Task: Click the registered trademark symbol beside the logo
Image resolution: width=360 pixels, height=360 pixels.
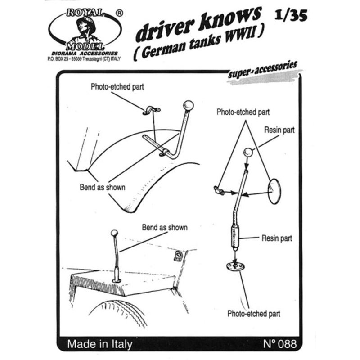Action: pos(119,13)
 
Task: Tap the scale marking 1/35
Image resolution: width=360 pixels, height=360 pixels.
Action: pos(291,16)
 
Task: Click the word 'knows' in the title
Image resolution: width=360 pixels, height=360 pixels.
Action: pos(230,18)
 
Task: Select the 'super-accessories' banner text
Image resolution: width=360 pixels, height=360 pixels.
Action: pos(263,70)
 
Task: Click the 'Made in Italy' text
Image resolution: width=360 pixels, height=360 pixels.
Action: pos(100,344)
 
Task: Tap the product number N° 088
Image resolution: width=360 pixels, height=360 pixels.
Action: pos(280,344)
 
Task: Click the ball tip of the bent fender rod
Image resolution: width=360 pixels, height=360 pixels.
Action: pos(188,106)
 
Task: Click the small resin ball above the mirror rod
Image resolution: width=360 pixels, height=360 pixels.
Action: pos(247,153)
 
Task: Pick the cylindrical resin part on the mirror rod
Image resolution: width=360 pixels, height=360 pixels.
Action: pos(234,238)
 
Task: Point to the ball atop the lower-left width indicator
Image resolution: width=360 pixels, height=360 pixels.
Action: pos(114,234)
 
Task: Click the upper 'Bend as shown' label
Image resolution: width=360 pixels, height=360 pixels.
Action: pos(103,187)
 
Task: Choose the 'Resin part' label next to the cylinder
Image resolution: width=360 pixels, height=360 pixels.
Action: pos(277,238)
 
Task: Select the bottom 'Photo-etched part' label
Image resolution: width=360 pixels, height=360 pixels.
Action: pos(254,314)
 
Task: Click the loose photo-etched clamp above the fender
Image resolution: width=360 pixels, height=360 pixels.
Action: pos(152,110)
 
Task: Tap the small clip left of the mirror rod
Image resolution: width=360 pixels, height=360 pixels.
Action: pos(219,190)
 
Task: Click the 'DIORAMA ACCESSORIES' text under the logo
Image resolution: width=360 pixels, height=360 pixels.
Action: pos(85,54)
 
